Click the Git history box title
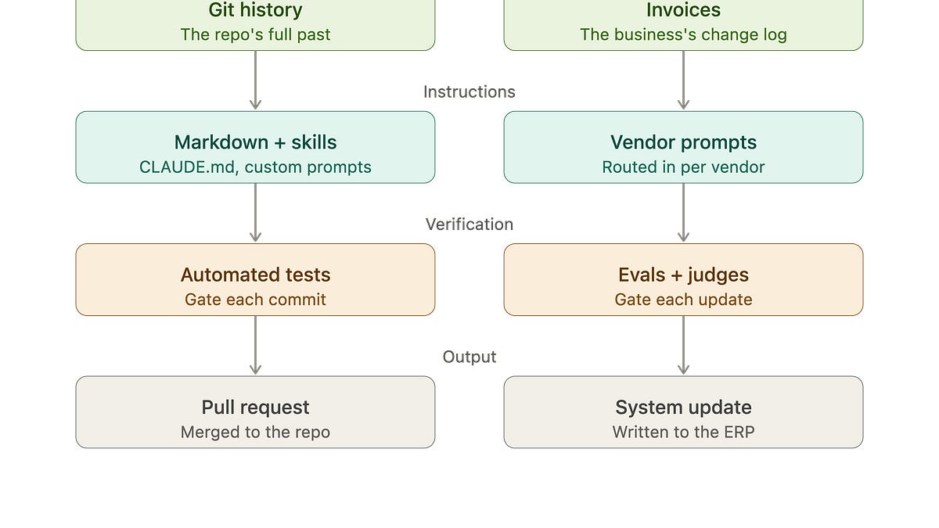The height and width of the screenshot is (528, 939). [255, 10]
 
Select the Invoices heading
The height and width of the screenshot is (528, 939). [683, 10]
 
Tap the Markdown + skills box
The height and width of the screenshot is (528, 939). [255, 147]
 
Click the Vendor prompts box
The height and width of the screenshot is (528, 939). [683, 147]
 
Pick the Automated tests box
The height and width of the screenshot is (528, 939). [255, 279]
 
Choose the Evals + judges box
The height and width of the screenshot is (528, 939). [683, 279]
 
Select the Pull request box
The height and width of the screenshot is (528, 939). [255, 412]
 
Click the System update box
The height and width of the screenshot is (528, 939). [683, 412]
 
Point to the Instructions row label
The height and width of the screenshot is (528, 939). [469, 92]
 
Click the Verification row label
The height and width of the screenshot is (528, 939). [469, 224]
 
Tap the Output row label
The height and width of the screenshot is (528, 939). [469, 357]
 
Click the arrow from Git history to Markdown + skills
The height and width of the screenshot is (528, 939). [255, 81]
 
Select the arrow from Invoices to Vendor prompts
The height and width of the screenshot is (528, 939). [683, 81]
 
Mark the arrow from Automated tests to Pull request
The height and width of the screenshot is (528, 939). [255, 345]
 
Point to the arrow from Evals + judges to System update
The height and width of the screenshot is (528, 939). [683, 345]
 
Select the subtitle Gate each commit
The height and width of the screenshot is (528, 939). [255, 300]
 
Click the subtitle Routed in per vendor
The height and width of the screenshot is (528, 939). [683, 167]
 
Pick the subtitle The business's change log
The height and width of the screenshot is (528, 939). [683, 34]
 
